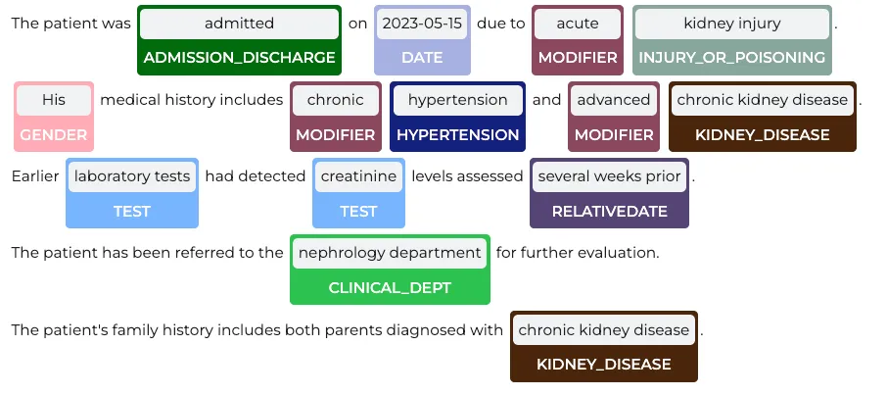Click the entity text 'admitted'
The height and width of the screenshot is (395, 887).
239,24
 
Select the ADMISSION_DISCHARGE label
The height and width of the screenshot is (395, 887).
239,57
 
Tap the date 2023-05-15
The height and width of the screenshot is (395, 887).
422,24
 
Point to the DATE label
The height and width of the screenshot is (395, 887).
422,57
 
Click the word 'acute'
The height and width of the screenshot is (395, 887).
578,24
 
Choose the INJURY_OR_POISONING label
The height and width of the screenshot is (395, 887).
732,57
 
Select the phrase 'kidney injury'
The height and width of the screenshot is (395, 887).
732,24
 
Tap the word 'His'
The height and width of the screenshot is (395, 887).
54,100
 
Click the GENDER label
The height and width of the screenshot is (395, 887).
54,135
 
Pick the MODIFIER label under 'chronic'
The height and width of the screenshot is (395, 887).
336,135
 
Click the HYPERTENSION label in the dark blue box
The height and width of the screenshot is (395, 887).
457,135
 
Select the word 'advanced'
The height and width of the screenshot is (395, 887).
614,100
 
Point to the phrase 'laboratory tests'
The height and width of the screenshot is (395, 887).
132,176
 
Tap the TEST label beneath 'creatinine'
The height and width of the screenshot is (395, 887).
358,212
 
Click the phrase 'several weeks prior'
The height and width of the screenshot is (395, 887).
609,176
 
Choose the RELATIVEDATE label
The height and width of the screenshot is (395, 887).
609,212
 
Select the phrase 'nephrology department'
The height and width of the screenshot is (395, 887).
390,253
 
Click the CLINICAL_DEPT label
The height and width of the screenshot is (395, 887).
390,288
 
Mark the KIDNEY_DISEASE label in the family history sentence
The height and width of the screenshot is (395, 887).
604,364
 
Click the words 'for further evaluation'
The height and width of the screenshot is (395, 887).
578,253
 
